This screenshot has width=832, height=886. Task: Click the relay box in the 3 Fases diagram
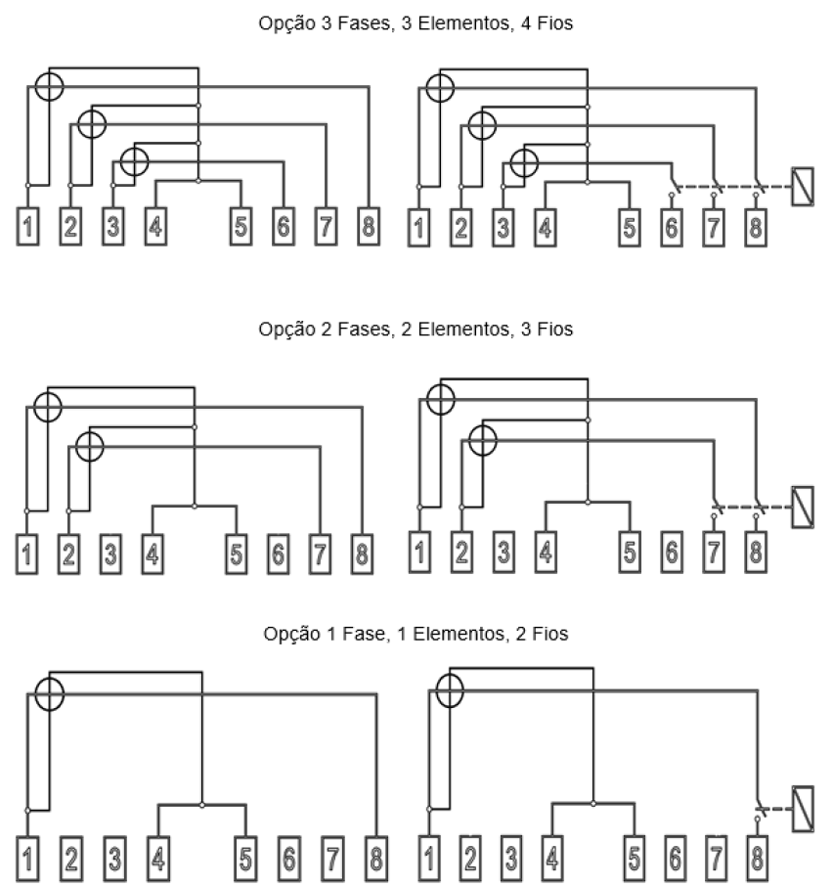[803, 187]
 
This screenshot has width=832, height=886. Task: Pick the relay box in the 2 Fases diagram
[803, 507]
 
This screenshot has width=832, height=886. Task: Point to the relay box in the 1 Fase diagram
[803, 809]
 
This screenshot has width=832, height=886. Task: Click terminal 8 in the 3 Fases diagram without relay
[369, 227]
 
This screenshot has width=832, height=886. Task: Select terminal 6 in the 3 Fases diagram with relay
[672, 228]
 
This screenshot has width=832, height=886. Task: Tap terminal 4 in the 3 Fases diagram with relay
[546, 228]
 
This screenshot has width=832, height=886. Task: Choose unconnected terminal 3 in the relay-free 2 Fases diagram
[110, 554]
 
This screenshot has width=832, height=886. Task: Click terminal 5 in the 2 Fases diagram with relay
[630, 552]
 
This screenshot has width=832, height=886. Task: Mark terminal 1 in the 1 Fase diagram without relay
[27, 859]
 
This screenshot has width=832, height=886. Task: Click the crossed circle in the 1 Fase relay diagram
[450, 691]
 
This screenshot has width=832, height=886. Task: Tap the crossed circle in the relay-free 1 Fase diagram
[50, 694]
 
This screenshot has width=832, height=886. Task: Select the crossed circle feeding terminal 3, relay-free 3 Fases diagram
[135, 161]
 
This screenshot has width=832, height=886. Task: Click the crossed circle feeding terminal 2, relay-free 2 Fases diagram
[89, 446]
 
